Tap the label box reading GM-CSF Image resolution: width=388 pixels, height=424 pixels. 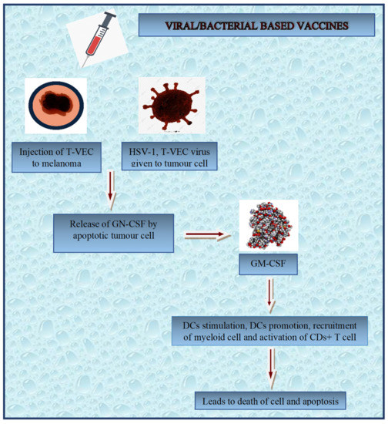[x=269, y=265]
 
